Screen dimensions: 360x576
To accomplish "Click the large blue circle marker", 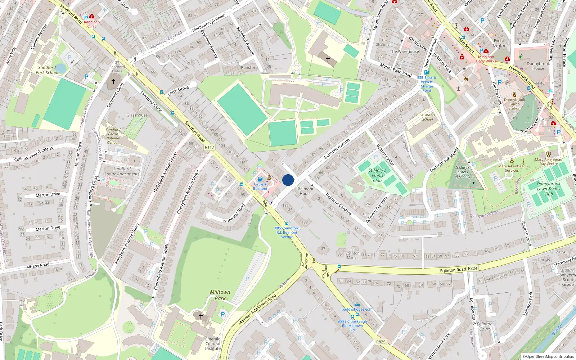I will coord(288,180).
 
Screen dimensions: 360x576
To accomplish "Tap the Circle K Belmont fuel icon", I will coord(260,179).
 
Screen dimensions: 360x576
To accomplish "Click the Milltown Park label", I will coord(220,295).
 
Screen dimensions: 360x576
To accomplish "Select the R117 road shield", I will coord(209,147).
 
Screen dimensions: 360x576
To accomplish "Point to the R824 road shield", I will coord(472,269).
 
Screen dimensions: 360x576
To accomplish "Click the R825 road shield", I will coord(381,342).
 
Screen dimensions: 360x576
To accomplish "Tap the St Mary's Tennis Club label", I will coord(377,175).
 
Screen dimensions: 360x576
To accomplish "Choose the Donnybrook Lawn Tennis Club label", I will coord(548,189).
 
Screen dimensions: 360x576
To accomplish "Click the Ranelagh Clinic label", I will coord(92,24).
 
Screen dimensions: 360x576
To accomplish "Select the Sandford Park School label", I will coord(47,70).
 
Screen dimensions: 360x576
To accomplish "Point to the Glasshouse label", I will coord(137,115).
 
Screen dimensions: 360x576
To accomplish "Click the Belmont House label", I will coord(306,191).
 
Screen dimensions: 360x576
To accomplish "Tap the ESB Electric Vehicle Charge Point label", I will coord(427,84).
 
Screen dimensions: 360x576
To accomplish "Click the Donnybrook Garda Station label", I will coord(514,104).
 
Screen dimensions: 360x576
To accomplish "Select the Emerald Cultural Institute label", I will coord(213,343).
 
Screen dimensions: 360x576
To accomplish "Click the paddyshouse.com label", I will coord(357,309).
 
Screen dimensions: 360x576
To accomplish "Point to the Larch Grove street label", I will coord(178,90).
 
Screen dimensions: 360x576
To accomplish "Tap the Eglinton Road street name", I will coord(453,270).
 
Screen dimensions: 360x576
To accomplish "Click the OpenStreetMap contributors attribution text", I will coord(548,356).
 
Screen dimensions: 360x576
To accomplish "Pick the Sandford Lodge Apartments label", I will coord(122,171).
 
